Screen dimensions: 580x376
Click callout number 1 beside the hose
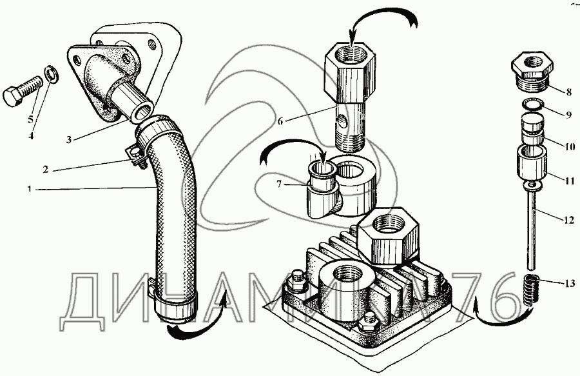[29, 189]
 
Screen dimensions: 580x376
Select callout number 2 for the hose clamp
[45, 170]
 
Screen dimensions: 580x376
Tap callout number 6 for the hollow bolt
[280, 121]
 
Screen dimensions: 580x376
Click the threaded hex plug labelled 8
[532, 72]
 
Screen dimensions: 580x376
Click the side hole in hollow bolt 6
[343, 121]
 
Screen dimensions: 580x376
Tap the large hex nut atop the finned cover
[389, 237]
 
